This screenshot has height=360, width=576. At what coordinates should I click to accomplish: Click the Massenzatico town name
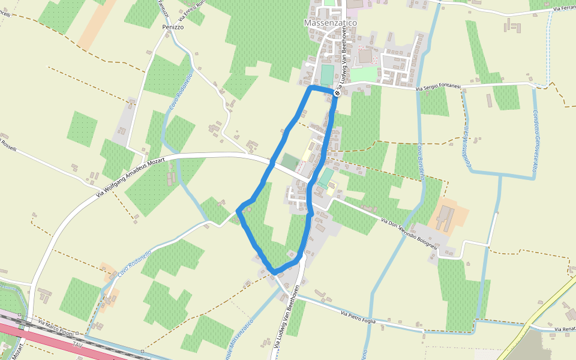click(x=330, y=22)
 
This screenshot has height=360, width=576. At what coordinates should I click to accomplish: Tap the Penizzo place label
click(x=172, y=28)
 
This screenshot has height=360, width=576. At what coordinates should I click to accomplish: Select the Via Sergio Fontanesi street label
click(x=439, y=88)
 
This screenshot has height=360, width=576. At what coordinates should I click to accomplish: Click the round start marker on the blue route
click(x=337, y=93)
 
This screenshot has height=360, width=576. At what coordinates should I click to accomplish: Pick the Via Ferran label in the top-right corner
click(x=563, y=8)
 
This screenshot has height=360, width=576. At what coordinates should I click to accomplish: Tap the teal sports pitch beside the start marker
click(x=326, y=75)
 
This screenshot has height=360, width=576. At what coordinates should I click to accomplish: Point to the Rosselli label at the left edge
click(x=8, y=145)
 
